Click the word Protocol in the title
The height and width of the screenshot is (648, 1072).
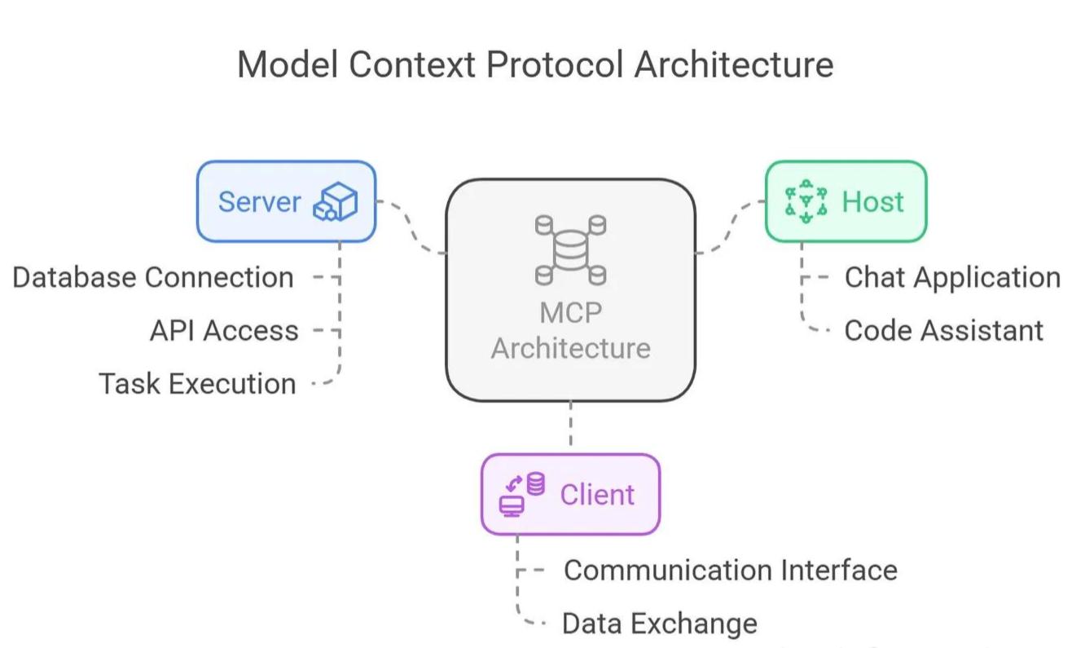[555, 64]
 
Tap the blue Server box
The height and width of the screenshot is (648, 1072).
[286, 201]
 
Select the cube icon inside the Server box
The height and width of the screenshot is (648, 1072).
[336, 201]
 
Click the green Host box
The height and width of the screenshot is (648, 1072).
[846, 201]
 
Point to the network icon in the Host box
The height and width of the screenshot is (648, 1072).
[806, 201]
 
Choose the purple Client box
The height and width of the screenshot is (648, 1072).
[570, 494]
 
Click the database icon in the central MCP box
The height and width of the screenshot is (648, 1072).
[570, 250]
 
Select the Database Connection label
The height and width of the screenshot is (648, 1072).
[153, 277]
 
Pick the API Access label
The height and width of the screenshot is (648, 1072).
[224, 330]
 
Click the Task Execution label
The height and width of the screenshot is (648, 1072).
[197, 384]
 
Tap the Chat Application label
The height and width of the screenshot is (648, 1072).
[952, 277]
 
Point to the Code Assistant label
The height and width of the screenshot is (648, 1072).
[944, 330]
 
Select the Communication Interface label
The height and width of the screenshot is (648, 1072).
[731, 570]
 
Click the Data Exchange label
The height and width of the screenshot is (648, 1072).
[660, 623]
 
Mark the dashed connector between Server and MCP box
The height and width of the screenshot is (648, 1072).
[411, 227]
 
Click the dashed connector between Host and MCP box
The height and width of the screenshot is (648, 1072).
[731, 227]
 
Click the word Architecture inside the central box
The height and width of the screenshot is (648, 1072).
[570, 348]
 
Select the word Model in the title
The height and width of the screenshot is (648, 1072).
[288, 64]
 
